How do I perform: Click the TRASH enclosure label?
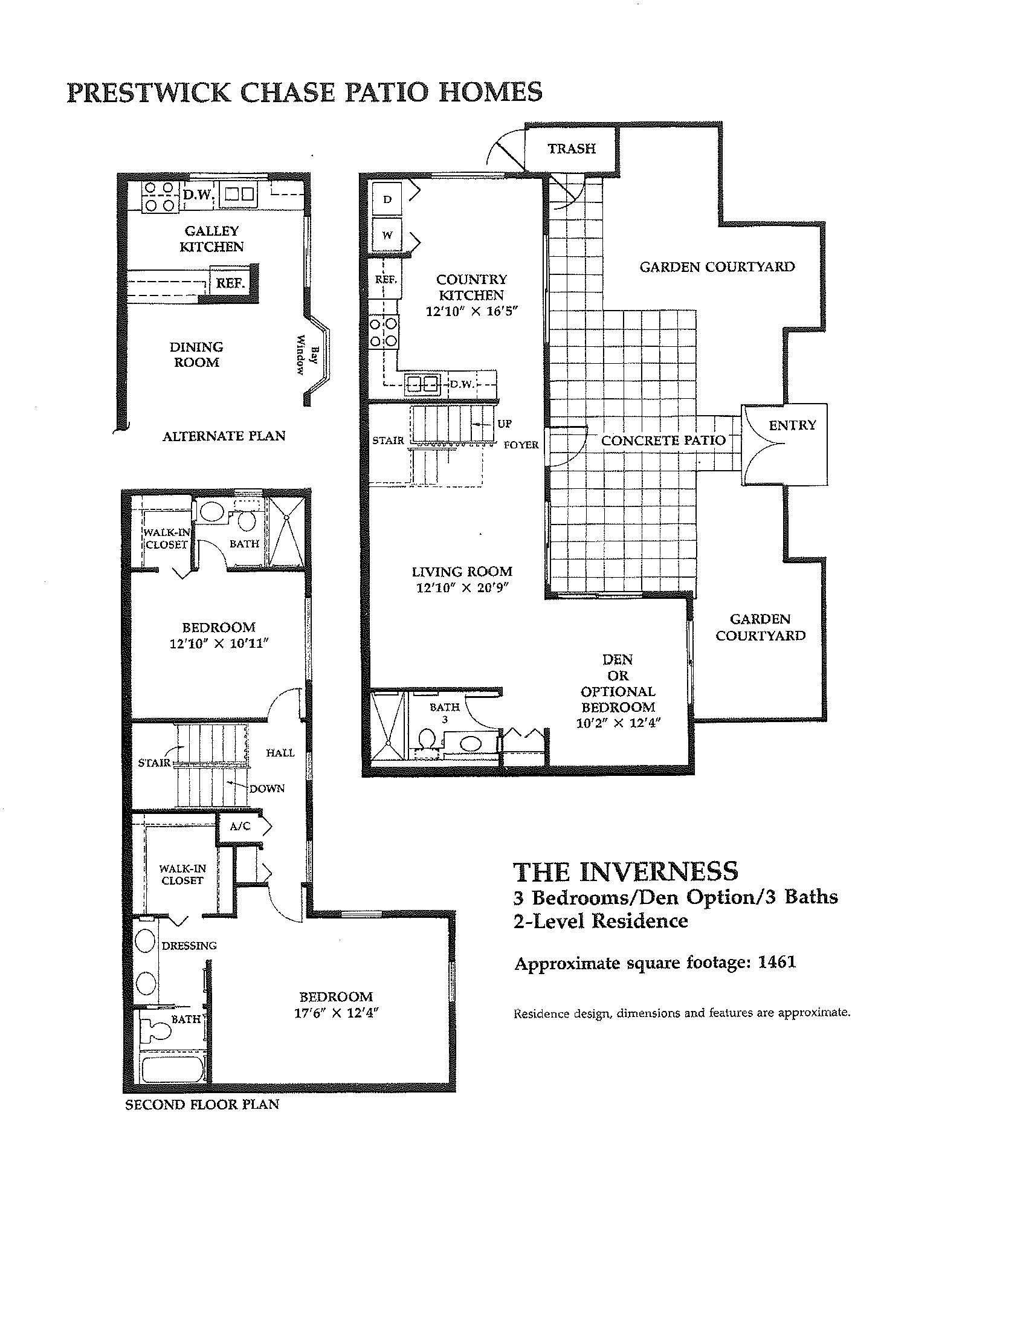(571, 149)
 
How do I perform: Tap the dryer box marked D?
(387, 200)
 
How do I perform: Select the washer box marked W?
(387, 235)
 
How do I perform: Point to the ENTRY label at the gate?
(792, 425)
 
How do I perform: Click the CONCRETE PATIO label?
(663, 441)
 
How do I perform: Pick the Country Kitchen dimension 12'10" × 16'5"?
(471, 311)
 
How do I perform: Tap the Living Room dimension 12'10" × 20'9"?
(462, 588)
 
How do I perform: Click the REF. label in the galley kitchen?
(230, 283)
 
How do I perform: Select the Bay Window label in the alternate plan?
(308, 355)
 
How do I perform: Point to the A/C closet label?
(240, 827)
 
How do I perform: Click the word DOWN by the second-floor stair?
(266, 788)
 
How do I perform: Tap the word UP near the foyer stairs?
(504, 424)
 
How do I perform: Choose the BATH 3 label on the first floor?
(445, 713)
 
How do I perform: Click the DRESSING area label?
(189, 946)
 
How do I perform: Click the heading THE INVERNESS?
(626, 872)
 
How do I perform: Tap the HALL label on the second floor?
(280, 753)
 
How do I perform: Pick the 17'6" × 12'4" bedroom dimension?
(336, 1013)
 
